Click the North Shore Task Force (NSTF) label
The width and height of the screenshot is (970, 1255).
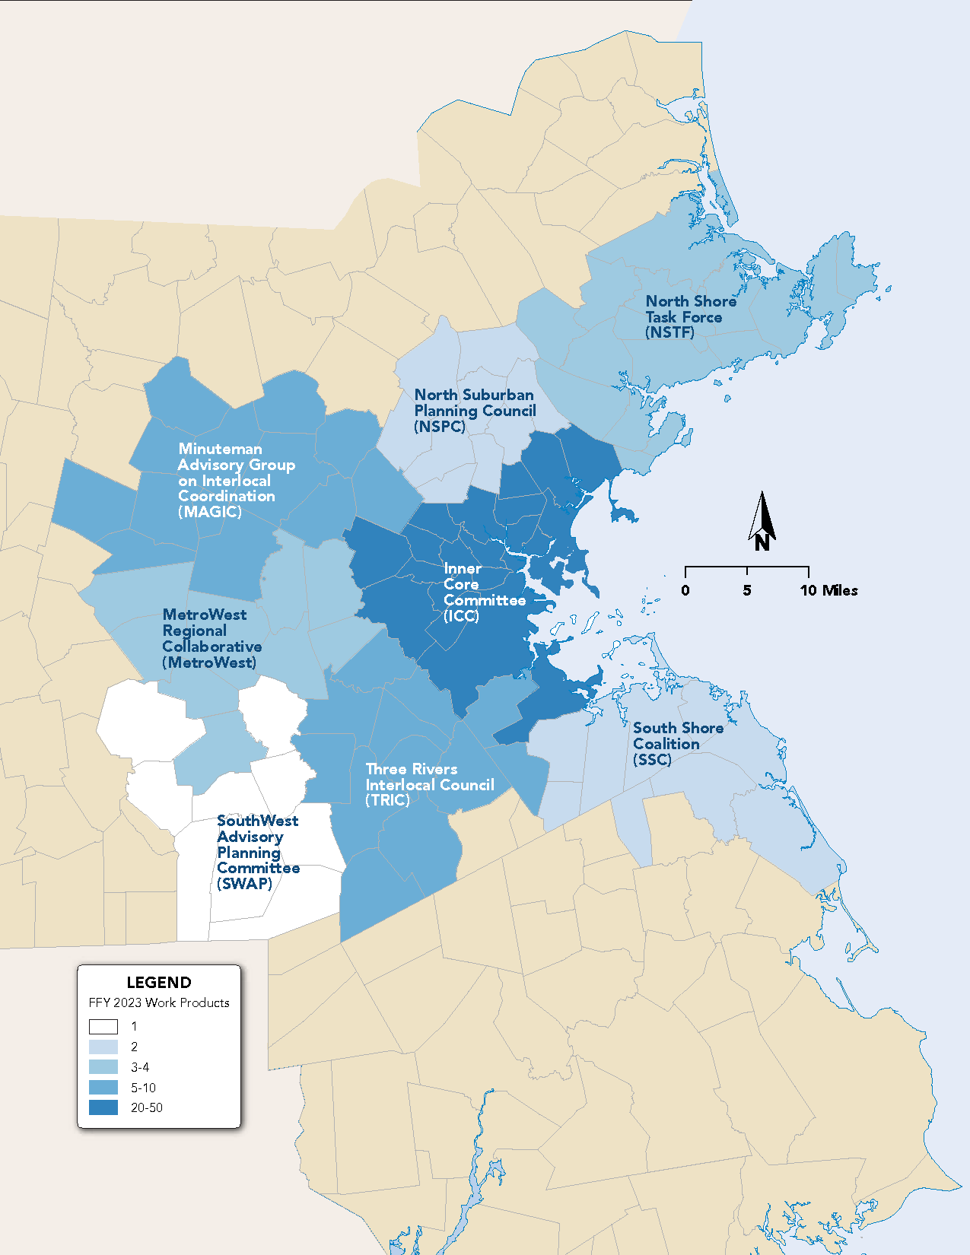pos(690,316)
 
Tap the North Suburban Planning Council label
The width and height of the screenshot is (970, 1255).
pos(475,410)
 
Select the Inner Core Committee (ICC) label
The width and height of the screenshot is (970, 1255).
pos(484,592)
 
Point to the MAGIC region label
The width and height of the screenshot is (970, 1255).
pos(236,480)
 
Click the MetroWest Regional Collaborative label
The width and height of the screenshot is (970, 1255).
pos(211,638)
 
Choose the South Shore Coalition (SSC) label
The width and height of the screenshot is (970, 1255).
pos(677,743)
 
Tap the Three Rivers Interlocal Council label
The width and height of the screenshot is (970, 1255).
pos(429,784)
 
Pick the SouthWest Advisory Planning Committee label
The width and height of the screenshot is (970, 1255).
pos(257,852)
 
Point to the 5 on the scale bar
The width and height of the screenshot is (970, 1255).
pos(747,590)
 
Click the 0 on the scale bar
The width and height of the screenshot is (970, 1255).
pos(685,590)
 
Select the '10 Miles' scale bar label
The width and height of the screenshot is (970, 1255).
pos(828,590)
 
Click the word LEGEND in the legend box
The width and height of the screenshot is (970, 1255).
pos(159,982)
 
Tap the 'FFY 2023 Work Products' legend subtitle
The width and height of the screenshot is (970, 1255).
pos(159,1002)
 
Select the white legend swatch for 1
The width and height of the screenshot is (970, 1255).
pos(103,1026)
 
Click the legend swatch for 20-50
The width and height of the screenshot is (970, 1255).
pos(103,1107)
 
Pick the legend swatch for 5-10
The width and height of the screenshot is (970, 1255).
pos(103,1087)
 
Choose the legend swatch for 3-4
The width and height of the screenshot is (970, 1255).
pos(103,1067)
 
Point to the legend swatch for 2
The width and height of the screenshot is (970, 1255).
pos(103,1047)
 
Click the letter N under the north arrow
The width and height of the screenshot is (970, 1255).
pos(762,543)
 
